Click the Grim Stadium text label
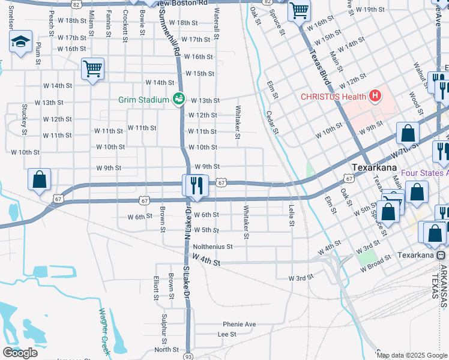143,100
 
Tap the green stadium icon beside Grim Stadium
178,99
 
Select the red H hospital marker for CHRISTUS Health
376,95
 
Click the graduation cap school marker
20,42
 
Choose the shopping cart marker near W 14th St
92,69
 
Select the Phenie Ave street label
240,325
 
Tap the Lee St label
227,334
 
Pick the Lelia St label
292,215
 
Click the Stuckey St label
25,119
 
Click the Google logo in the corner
20,352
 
